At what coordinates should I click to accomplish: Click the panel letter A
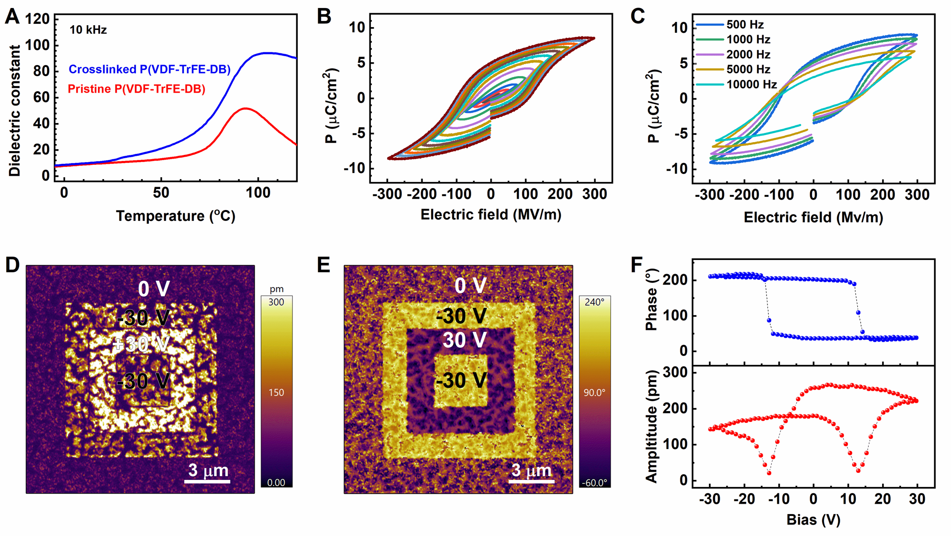(x=12, y=17)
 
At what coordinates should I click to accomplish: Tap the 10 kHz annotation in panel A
(x=88, y=30)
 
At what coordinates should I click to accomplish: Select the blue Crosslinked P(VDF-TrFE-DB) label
(x=149, y=69)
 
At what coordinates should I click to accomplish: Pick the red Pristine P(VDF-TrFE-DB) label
(x=136, y=89)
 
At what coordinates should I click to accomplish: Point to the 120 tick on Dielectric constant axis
(x=38, y=19)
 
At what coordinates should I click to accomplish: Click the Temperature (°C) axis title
(x=175, y=216)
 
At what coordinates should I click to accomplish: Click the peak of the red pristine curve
(x=244, y=108)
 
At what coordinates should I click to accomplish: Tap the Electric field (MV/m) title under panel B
(x=491, y=215)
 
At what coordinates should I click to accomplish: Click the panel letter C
(x=638, y=17)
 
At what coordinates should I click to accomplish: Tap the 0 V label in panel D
(x=154, y=289)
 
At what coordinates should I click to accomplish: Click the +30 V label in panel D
(x=141, y=344)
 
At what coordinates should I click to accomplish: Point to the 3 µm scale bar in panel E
(x=531, y=481)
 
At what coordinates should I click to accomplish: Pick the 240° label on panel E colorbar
(x=594, y=303)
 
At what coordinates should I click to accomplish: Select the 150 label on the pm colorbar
(x=276, y=392)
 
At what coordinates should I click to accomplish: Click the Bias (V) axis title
(x=813, y=519)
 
